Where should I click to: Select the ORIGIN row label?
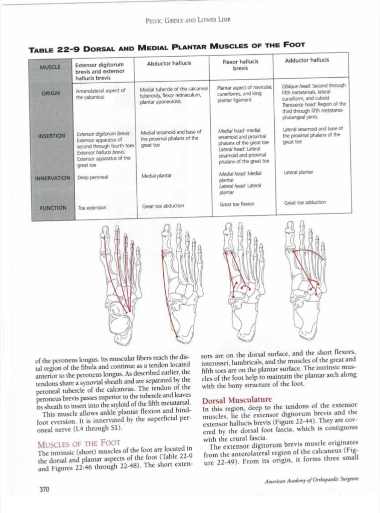(x=51, y=94)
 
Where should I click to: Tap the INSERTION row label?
(x=51, y=136)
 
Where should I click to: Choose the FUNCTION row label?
(x=54, y=207)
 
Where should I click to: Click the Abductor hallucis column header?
(x=169, y=64)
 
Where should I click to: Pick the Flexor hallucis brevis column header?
(x=240, y=65)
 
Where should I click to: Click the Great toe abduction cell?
(x=163, y=206)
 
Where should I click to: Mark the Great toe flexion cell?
(x=237, y=204)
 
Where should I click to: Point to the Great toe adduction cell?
(x=305, y=203)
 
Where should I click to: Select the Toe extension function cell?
(x=92, y=207)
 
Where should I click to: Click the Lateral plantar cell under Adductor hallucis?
(x=298, y=172)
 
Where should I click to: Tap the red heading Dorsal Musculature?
(x=237, y=400)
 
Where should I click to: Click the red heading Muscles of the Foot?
(x=79, y=443)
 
